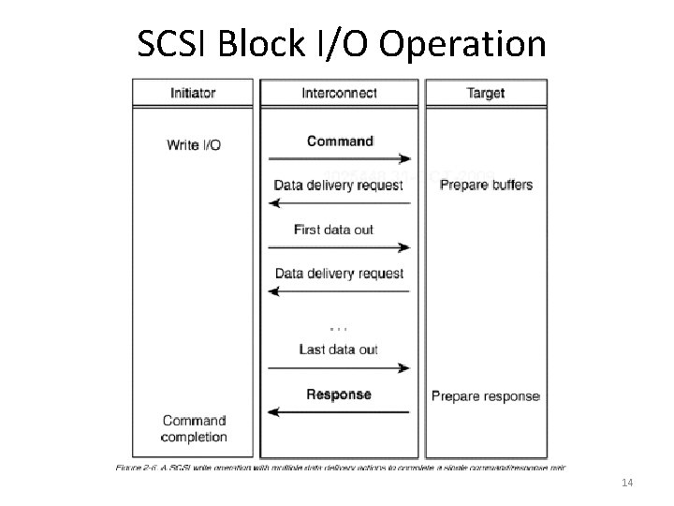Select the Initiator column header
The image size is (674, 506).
194,93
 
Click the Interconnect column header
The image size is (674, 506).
340,93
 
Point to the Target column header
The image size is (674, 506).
485,93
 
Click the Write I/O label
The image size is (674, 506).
194,144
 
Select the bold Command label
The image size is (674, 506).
340,141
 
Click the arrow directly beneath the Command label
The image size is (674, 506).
340,158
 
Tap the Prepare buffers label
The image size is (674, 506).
486,185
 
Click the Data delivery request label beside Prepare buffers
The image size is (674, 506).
339,185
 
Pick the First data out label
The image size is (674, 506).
333,230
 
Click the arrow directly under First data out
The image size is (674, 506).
340,247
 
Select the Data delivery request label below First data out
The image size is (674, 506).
339,274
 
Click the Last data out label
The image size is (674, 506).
339,350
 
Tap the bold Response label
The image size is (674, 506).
339,394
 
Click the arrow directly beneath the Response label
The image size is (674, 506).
340,411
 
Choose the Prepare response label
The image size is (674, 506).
485,396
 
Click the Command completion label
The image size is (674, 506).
194,428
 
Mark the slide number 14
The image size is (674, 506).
627,482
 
